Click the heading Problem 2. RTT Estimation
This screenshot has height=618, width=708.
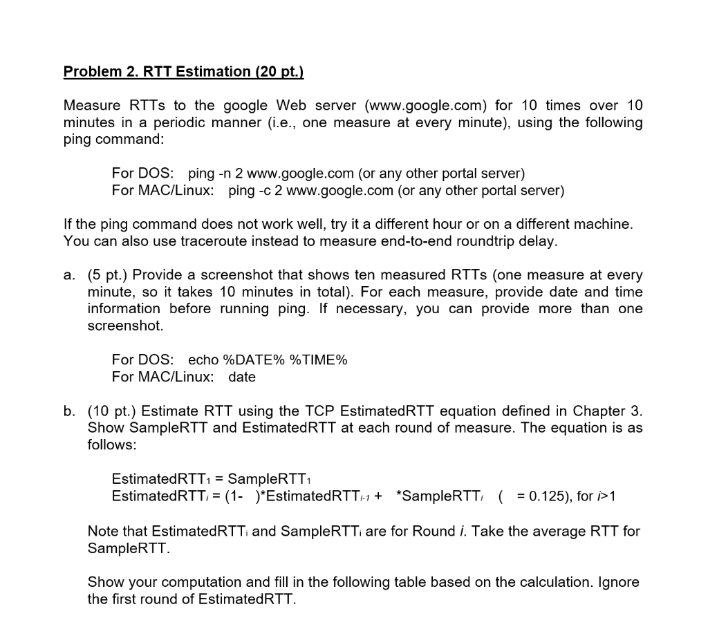(183, 72)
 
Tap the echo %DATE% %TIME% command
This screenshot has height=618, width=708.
(268, 360)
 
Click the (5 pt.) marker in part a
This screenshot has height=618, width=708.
(107, 275)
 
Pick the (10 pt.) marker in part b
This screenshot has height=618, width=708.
(111, 411)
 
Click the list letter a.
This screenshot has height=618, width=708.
(69, 275)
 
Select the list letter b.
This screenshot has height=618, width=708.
(69, 411)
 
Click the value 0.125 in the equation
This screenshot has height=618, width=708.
(536, 496)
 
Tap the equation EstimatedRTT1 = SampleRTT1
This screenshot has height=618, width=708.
(215, 479)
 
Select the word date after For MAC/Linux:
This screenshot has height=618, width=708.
(242, 377)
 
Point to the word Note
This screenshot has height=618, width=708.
(102, 532)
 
